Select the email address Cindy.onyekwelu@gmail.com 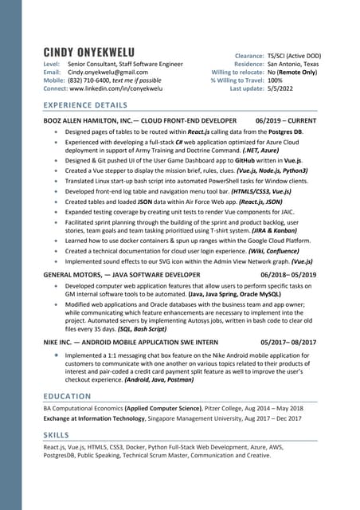point(108,72)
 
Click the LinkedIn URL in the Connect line point(121,89)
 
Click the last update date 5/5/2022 point(283,89)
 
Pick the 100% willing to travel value point(275,80)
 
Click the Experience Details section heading point(85,105)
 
